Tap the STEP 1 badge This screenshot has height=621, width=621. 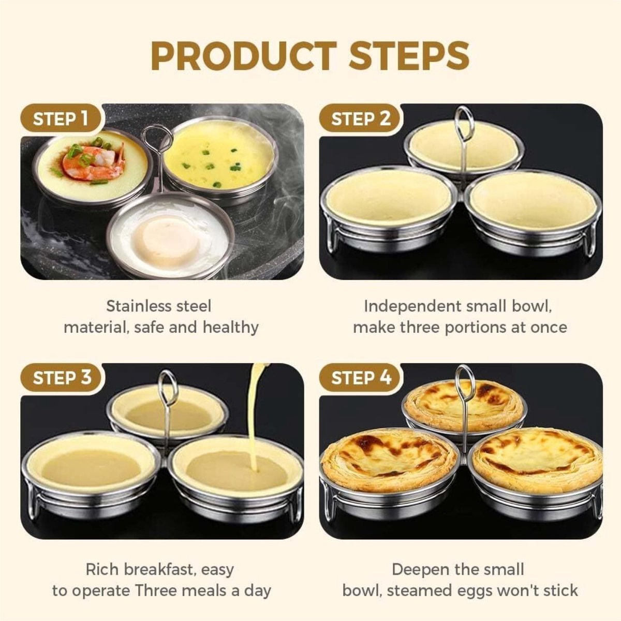click(x=60, y=119)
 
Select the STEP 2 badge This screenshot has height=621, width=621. click(x=361, y=119)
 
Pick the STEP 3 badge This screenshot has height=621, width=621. click(x=62, y=377)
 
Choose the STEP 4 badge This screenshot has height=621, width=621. click(x=361, y=377)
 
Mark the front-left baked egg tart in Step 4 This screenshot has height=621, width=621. click(x=388, y=459)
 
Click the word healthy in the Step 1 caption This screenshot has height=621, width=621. click(x=231, y=328)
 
